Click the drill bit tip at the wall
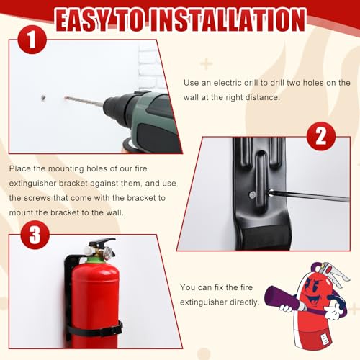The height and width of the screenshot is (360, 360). (67, 99)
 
